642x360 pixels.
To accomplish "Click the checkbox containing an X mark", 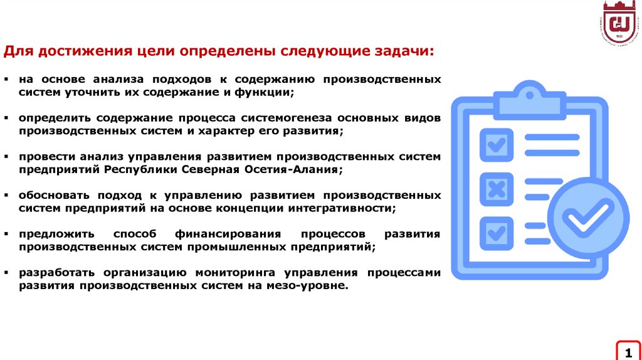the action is [x=497, y=189].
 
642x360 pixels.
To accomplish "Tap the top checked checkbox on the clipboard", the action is [x=497, y=145].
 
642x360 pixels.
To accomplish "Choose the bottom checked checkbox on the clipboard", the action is [x=497, y=233].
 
